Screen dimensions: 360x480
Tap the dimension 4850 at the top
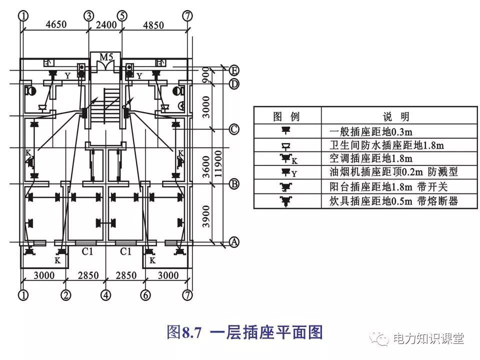click(x=155, y=24)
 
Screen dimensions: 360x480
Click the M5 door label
click(x=105, y=56)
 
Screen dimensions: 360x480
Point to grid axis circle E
click(x=233, y=70)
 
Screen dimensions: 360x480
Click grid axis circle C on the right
click(x=233, y=129)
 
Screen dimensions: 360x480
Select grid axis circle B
click(x=233, y=184)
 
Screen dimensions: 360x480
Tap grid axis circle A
click(x=233, y=242)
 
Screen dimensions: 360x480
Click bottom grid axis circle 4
click(x=105, y=295)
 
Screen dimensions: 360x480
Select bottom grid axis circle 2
click(x=66, y=295)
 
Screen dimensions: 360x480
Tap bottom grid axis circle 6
click(x=145, y=295)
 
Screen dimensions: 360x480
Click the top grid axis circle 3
click(x=89, y=15)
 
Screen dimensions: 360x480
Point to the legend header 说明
click(x=396, y=117)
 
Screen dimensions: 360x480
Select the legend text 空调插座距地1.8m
click(x=371, y=159)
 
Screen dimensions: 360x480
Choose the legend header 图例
click(x=286, y=117)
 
